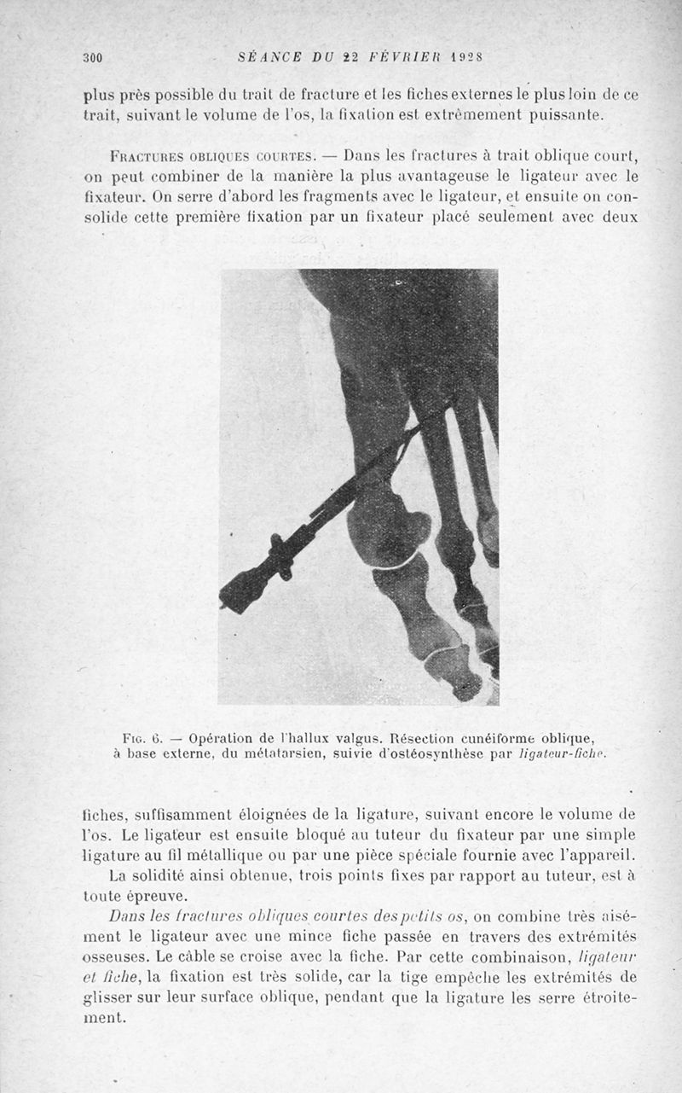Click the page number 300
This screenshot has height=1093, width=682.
(x=92, y=58)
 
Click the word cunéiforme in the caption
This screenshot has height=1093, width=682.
(x=492, y=737)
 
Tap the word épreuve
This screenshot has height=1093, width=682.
(x=170, y=896)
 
